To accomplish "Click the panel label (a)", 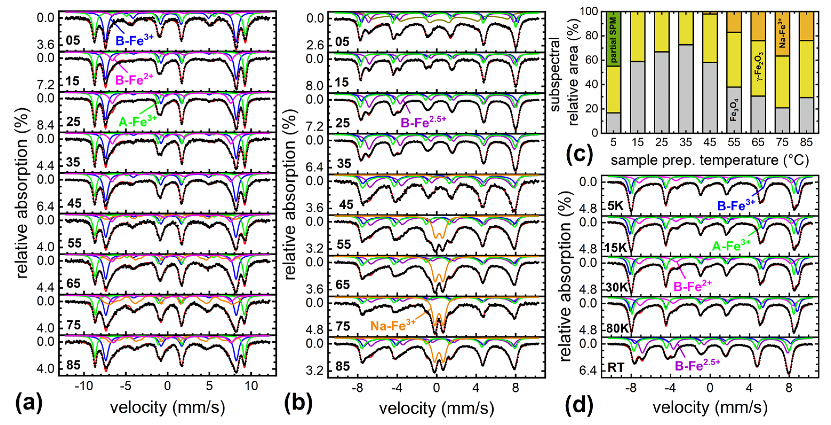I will click(28, 404).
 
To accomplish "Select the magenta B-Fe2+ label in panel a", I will click(134, 80).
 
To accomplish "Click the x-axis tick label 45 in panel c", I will click(710, 142).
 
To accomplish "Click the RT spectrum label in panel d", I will click(616, 368).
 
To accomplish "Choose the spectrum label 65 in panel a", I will click(73, 283).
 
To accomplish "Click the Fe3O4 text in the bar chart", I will click(734, 110).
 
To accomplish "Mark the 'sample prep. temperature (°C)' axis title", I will click(710, 160).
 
